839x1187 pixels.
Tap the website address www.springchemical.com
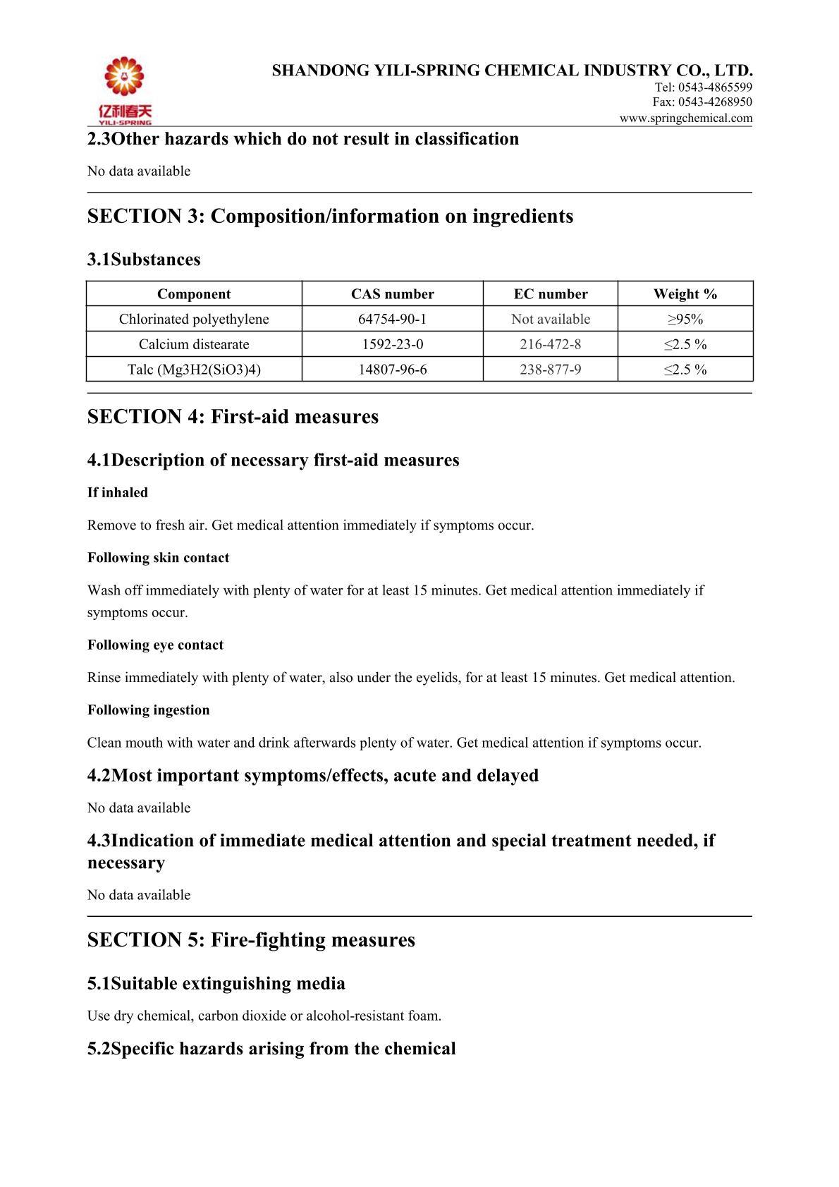[x=685, y=118]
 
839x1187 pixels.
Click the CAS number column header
[x=392, y=294]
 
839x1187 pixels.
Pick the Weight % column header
[x=685, y=294]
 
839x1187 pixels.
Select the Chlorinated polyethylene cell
[x=194, y=319]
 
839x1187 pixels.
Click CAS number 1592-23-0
[x=392, y=344]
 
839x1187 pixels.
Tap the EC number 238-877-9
[x=550, y=370]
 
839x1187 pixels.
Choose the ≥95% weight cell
[x=685, y=319]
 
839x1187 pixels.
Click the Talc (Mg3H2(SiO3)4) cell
[x=194, y=370]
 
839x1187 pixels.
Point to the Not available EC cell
[x=550, y=319]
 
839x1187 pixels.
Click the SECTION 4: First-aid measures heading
[x=233, y=417]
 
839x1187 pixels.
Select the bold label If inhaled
[x=118, y=493]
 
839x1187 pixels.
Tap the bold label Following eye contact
[x=155, y=645]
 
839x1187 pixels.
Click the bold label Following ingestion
[x=149, y=710]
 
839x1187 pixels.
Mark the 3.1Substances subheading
[x=144, y=260]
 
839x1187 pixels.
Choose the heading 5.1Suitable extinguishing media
[x=216, y=984]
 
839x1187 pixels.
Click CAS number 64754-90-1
[x=392, y=319]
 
